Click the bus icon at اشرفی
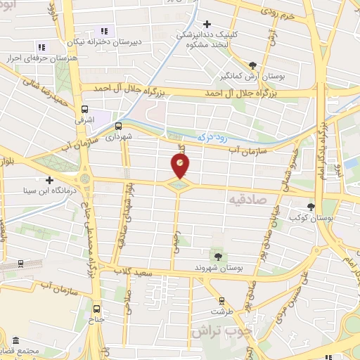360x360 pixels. tap(85, 109)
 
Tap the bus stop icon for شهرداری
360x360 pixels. tap(118, 127)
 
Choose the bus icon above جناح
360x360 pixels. tap(96, 307)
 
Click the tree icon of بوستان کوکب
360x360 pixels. tap(312, 207)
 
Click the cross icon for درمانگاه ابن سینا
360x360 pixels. tap(50, 180)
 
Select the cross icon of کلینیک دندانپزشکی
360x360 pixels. tap(207, 25)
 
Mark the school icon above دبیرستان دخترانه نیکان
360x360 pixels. tap(103, 31)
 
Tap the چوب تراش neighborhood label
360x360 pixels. tap(217, 330)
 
